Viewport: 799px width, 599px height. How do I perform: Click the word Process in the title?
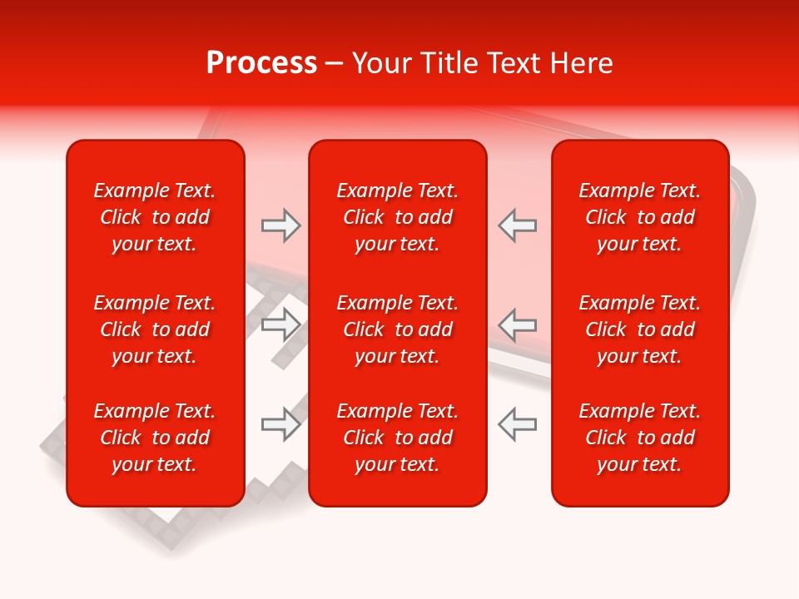(261, 63)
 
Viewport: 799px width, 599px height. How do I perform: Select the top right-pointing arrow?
(280, 225)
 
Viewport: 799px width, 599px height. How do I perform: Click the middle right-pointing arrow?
(280, 324)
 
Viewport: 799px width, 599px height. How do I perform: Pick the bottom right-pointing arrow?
(280, 423)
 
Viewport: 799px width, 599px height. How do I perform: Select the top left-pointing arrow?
(517, 225)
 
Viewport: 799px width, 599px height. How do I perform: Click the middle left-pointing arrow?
(517, 324)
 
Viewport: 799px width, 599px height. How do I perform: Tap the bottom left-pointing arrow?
(517, 423)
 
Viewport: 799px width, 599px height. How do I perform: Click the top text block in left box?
(155, 217)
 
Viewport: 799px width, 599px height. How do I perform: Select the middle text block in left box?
(155, 329)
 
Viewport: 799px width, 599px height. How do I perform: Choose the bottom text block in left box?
(155, 438)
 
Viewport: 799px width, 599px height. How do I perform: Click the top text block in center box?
(398, 217)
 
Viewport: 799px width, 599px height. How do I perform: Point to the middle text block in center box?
(398, 329)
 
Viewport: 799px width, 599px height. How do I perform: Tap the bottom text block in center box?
(398, 438)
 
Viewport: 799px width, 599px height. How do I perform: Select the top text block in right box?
(640, 217)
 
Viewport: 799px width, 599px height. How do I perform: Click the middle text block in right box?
(640, 329)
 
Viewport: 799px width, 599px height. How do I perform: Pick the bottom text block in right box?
(640, 438)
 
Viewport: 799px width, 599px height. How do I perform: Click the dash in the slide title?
(334, 64)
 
